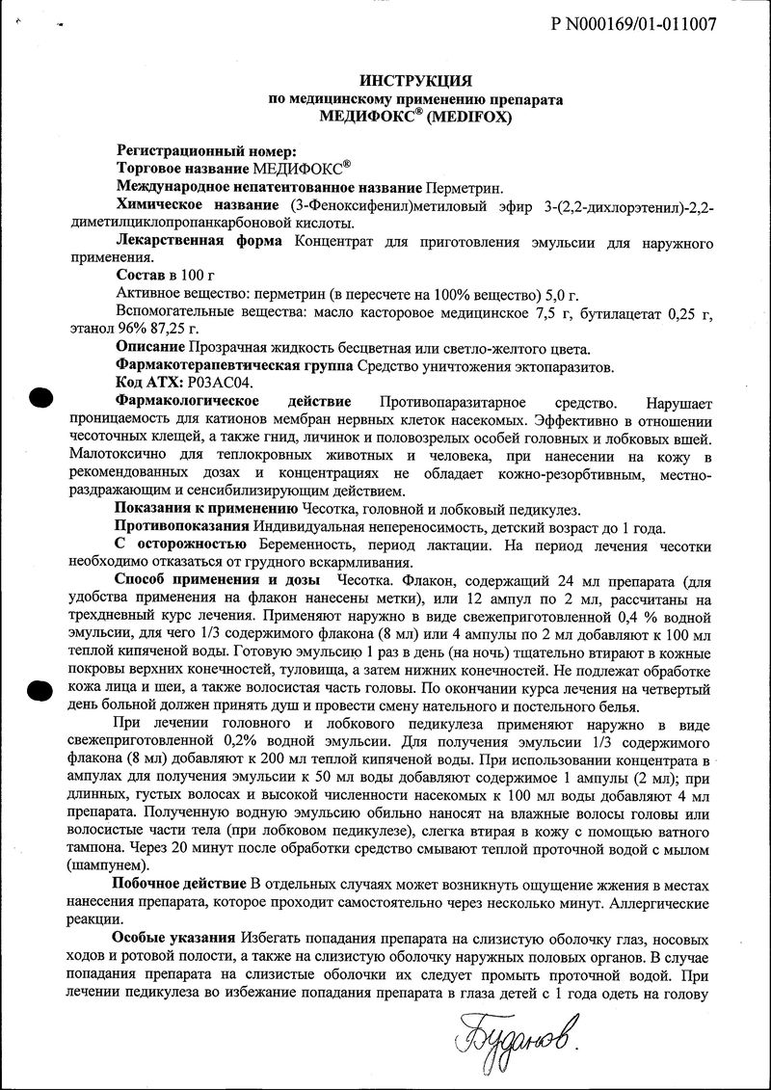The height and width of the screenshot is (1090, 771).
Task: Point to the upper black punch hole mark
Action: [40, 396]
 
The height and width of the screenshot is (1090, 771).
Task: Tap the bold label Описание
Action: [150, 346]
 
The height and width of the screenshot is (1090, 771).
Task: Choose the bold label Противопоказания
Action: [182, 526]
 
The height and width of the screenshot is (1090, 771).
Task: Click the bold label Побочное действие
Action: [180, 884]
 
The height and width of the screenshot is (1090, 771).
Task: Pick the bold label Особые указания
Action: [174, 938]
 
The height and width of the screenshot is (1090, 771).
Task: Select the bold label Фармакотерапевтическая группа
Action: [234, 364]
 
